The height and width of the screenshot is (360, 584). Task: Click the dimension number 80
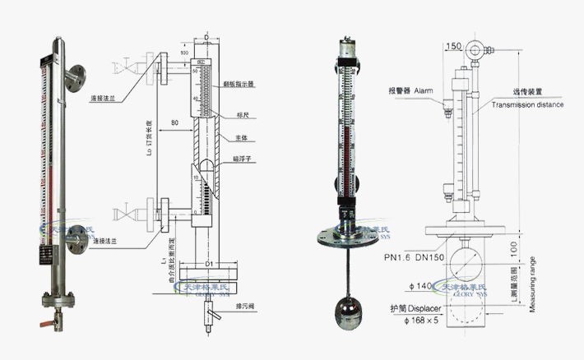click(174, 122)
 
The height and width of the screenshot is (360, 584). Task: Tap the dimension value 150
click(452, 47)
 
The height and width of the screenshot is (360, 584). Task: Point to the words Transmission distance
click(527, 105)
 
